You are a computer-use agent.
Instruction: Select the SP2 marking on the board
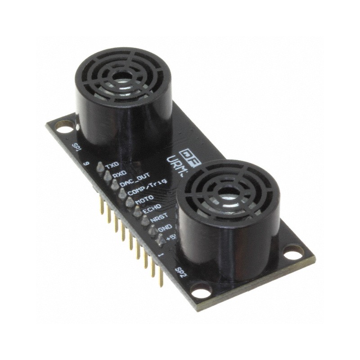click(x=180, y=272)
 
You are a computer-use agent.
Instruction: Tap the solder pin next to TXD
click(x=99, y=168)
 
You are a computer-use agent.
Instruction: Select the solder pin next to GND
click(x=153, y=229)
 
